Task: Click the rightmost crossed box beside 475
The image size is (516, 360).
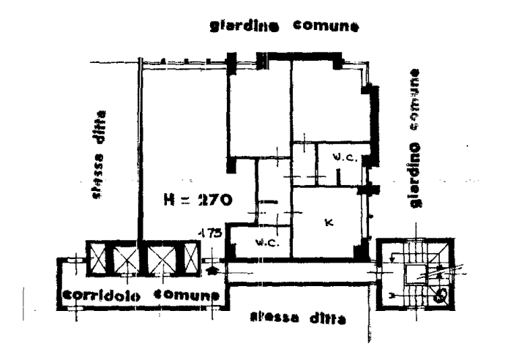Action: [192, 257]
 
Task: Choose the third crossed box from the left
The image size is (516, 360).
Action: [160, 258]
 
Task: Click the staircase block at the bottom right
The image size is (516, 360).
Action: [416, 276]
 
